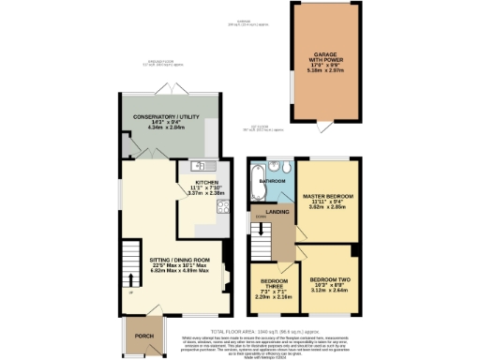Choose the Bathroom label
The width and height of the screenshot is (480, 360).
click(273, 178)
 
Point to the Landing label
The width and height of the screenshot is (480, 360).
click(277, 212)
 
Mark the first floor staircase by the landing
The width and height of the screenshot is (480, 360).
click(259, 246)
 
